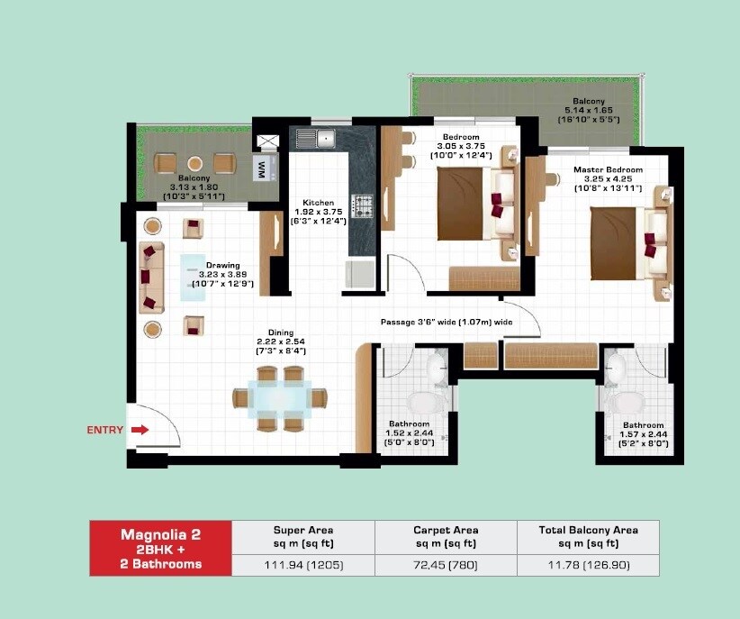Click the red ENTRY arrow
(139, 431)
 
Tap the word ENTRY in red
(104, 431)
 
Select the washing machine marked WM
(261, 168)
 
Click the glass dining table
(280, 396)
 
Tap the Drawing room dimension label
(223, 275)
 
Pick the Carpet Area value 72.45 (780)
(445, 565)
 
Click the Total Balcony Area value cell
(587, 565)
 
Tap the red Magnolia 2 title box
(160, 548)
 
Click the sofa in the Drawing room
(150, 278)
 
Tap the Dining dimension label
(281, 342)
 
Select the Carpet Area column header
(445, 537)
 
